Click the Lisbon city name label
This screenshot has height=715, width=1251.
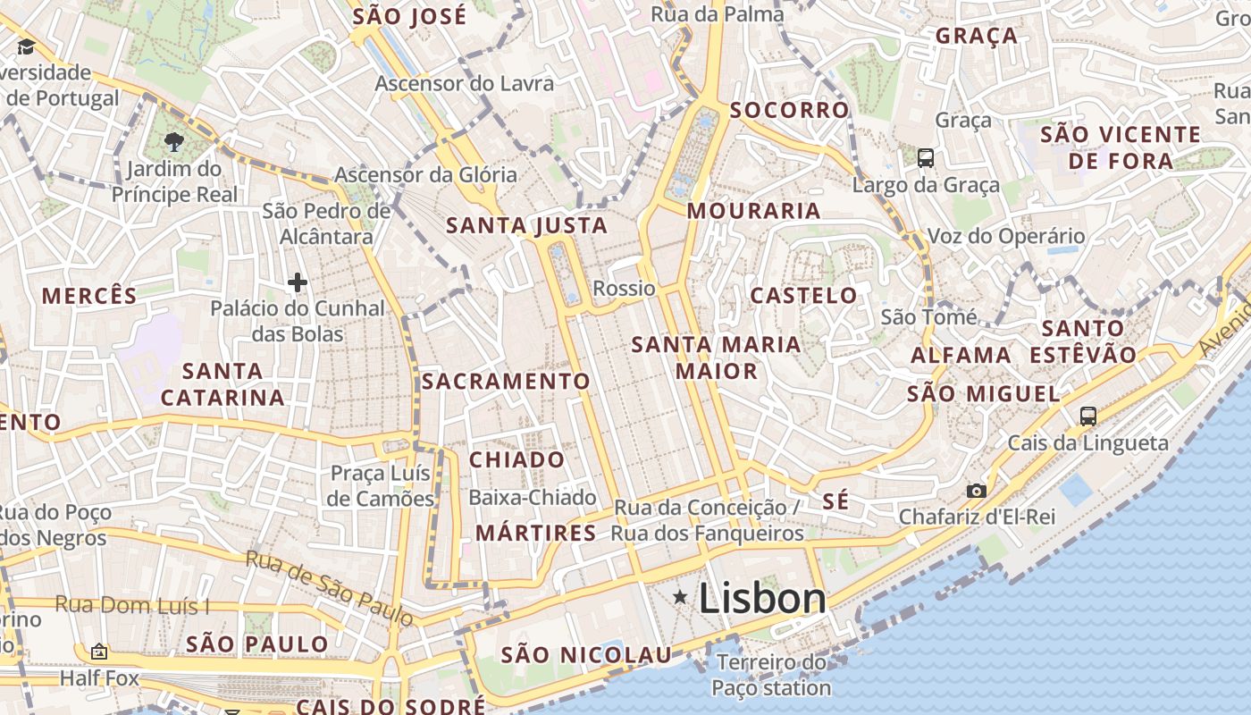click(762, 598)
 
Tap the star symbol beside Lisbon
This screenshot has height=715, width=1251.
click(680, 596)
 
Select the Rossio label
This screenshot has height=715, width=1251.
click(624, 288)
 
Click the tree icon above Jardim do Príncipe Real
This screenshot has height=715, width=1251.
click(174, 141)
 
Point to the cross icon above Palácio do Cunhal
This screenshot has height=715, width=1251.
click(298, 283)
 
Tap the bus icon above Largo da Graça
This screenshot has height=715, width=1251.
click(926, 158)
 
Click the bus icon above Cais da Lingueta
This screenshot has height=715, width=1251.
click(1087, 416)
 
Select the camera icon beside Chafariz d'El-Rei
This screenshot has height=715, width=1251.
click(976, 491)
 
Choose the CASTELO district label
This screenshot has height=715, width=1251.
click(803, 295)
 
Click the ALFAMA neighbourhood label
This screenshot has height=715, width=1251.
click(961, 355)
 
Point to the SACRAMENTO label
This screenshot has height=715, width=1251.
click(506, 382)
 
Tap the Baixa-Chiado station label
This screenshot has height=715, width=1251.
click(533, 497)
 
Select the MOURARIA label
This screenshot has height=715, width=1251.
click(753, 211)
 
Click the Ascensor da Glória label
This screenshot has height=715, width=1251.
click(425, 174)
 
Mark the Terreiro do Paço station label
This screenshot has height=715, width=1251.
click(772, 675)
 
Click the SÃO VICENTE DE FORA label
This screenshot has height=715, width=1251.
click(1121, 147)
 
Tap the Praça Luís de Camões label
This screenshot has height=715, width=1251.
click(382, 485)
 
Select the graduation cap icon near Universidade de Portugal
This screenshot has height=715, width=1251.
click(25, 46)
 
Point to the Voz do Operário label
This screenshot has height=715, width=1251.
click(1006, 236)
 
